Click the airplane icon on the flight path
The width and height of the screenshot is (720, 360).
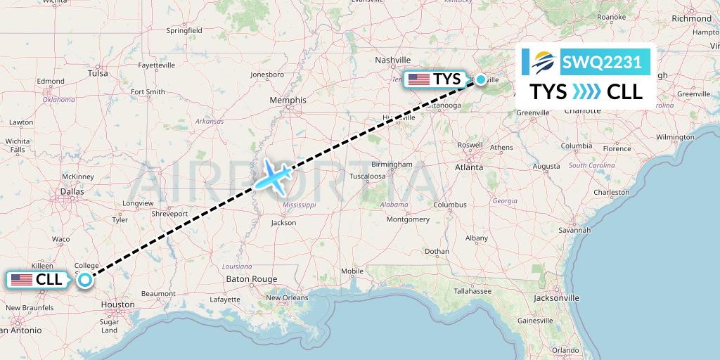coord(273,175)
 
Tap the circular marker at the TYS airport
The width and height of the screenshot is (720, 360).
coord(480,79)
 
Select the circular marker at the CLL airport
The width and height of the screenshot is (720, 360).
coord(85,280)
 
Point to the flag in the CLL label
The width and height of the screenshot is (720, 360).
coord(22,280)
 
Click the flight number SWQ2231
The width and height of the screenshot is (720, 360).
coord(602,63)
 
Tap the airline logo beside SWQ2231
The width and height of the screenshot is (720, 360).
coord(543,63)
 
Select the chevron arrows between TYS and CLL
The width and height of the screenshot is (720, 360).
coord(586,92)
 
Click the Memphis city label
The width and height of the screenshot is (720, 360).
coord(288,101)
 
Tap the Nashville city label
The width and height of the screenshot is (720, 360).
coord(392,60)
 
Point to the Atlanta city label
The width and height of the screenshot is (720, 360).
coord(468,168)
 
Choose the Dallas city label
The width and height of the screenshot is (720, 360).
coord(72,191)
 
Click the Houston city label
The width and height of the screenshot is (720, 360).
coord(117,304)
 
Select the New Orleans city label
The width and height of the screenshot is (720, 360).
coord(286,298)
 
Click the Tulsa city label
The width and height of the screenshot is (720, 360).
coord(98,73)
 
